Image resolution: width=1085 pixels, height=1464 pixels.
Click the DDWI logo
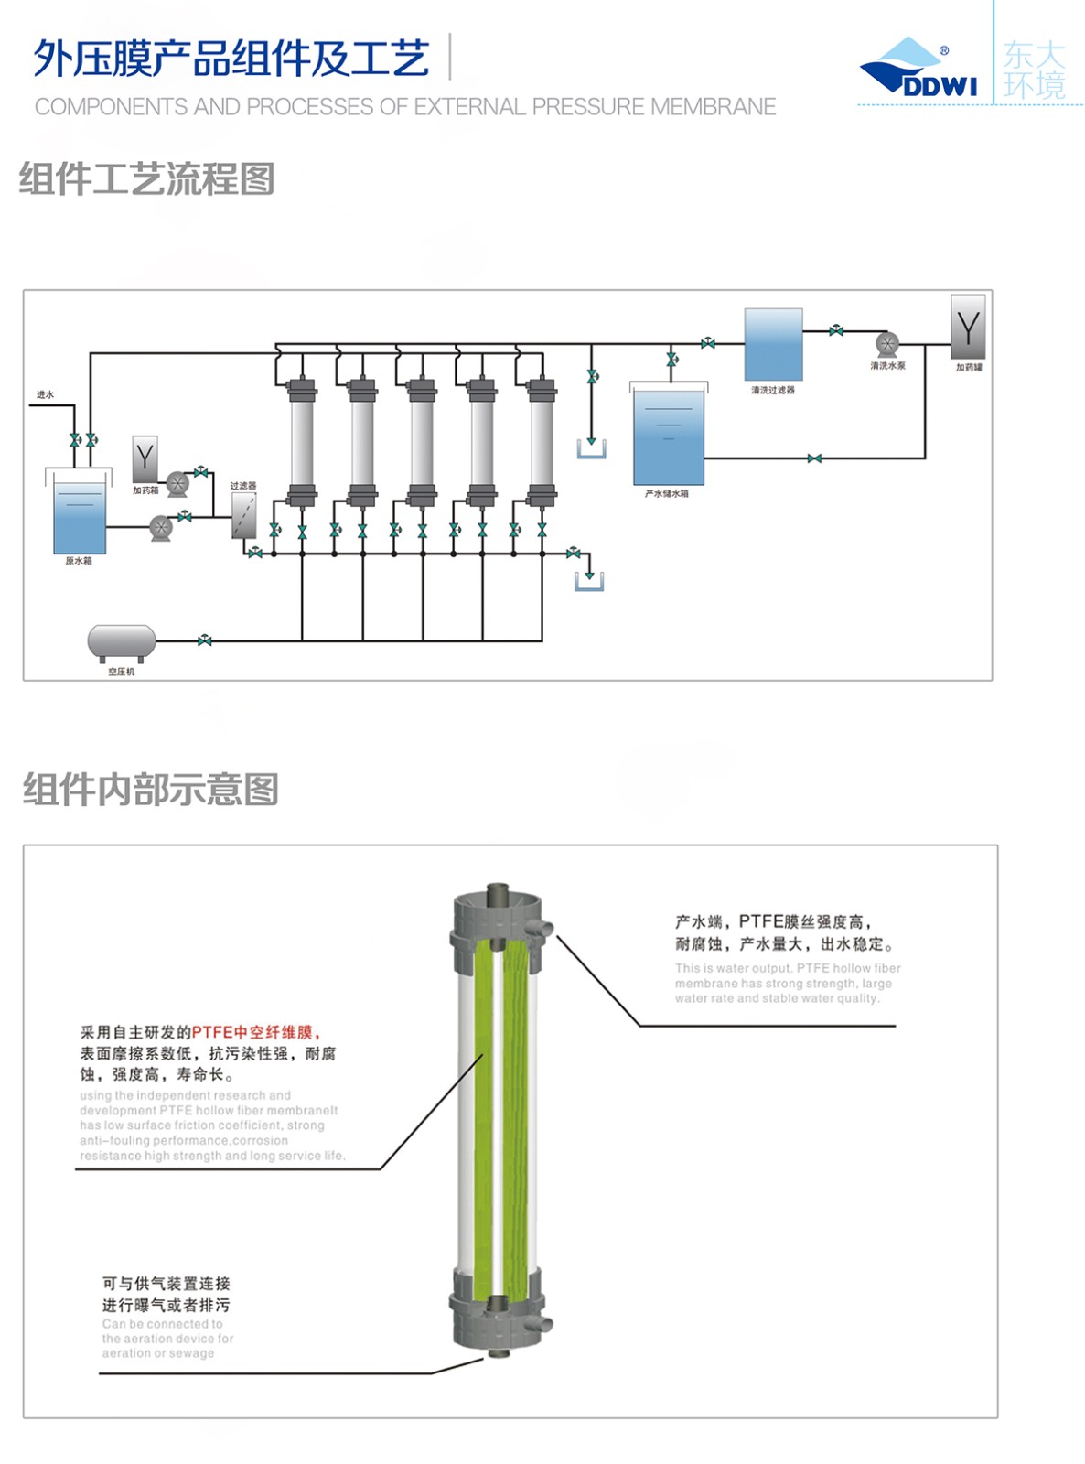[918, 68]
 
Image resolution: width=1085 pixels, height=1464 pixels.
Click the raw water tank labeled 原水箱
[80, 517]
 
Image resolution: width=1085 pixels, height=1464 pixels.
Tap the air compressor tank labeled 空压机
[122, 641]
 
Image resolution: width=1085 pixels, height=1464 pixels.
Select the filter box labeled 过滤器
[243, 515]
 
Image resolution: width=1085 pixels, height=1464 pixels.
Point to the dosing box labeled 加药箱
[145, 458]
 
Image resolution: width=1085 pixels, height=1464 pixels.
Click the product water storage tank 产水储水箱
[669, 437]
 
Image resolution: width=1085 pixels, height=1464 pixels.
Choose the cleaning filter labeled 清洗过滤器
[773, 344]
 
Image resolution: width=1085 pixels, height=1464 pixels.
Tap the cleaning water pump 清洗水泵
[887, 345]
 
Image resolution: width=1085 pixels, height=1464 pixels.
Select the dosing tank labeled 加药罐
[968, 327]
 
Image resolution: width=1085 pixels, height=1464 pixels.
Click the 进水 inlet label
[45, 394]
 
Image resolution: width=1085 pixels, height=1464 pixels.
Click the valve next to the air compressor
[204, 640]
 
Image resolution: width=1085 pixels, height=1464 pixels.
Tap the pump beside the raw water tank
[161, 527]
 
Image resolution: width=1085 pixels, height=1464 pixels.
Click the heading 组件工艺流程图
[146, 178]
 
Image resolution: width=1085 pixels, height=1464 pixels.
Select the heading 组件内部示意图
[150, 789]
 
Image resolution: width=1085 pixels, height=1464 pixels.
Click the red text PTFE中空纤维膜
[252, 1032]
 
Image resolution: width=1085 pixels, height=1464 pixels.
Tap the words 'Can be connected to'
[162, 1323]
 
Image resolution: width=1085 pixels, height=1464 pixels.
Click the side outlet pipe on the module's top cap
[542, 930]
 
